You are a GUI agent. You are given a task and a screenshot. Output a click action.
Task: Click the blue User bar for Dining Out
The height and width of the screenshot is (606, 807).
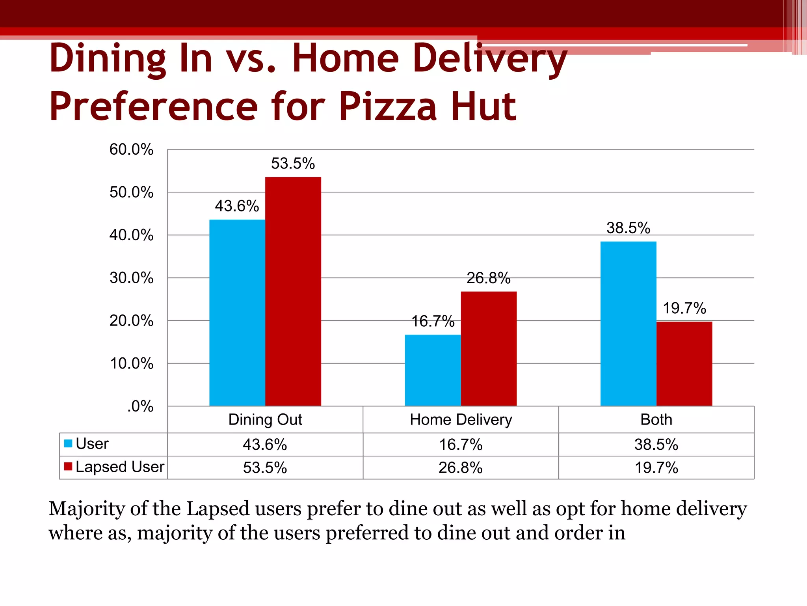(x=237, y=312)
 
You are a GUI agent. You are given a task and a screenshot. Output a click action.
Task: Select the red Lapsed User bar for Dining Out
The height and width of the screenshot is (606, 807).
(x=293, y=291)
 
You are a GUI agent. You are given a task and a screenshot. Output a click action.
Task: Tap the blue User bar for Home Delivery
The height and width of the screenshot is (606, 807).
(x=433, y=370)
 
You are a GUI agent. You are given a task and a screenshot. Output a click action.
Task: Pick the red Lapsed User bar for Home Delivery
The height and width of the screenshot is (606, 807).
(x=489, y=348)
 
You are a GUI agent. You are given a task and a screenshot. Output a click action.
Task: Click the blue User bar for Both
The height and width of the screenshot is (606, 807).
(x=628, y=324)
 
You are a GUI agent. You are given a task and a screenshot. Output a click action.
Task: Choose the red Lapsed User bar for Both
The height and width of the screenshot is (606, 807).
(x=684, y=363)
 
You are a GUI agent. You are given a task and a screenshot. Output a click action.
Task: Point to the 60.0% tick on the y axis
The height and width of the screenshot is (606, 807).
(x=131, y=150)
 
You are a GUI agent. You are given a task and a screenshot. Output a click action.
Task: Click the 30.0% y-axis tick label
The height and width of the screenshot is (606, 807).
(x=131, y=278)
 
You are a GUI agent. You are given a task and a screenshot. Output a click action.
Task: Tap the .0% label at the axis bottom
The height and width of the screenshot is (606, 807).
(x=140, y=406)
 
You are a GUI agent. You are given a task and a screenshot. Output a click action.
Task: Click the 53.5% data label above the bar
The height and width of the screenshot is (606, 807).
(x=293, y=163)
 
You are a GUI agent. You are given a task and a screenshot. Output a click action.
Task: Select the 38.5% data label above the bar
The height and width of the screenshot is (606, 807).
(x=628, y=228)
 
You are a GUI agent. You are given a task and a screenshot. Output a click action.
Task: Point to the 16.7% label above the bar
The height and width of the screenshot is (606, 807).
(x=433, y=321)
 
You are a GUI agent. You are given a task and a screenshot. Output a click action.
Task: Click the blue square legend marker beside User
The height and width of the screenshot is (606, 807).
(x=68, y=443)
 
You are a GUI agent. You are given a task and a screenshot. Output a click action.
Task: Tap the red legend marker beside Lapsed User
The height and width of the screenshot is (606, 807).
(x=68, y=467)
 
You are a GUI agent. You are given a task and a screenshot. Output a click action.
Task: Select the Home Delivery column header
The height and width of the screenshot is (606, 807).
(x=461, y=419)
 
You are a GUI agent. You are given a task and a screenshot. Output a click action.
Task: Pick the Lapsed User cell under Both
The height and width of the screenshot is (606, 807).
(x=656, y=468)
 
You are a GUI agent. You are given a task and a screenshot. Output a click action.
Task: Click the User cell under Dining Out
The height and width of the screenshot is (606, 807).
(x=265, y=445)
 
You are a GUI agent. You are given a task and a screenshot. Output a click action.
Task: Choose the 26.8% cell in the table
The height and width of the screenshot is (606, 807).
(x=461, y=468)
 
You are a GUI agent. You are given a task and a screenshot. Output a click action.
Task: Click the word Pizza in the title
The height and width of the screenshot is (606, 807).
(x=388, y=107)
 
